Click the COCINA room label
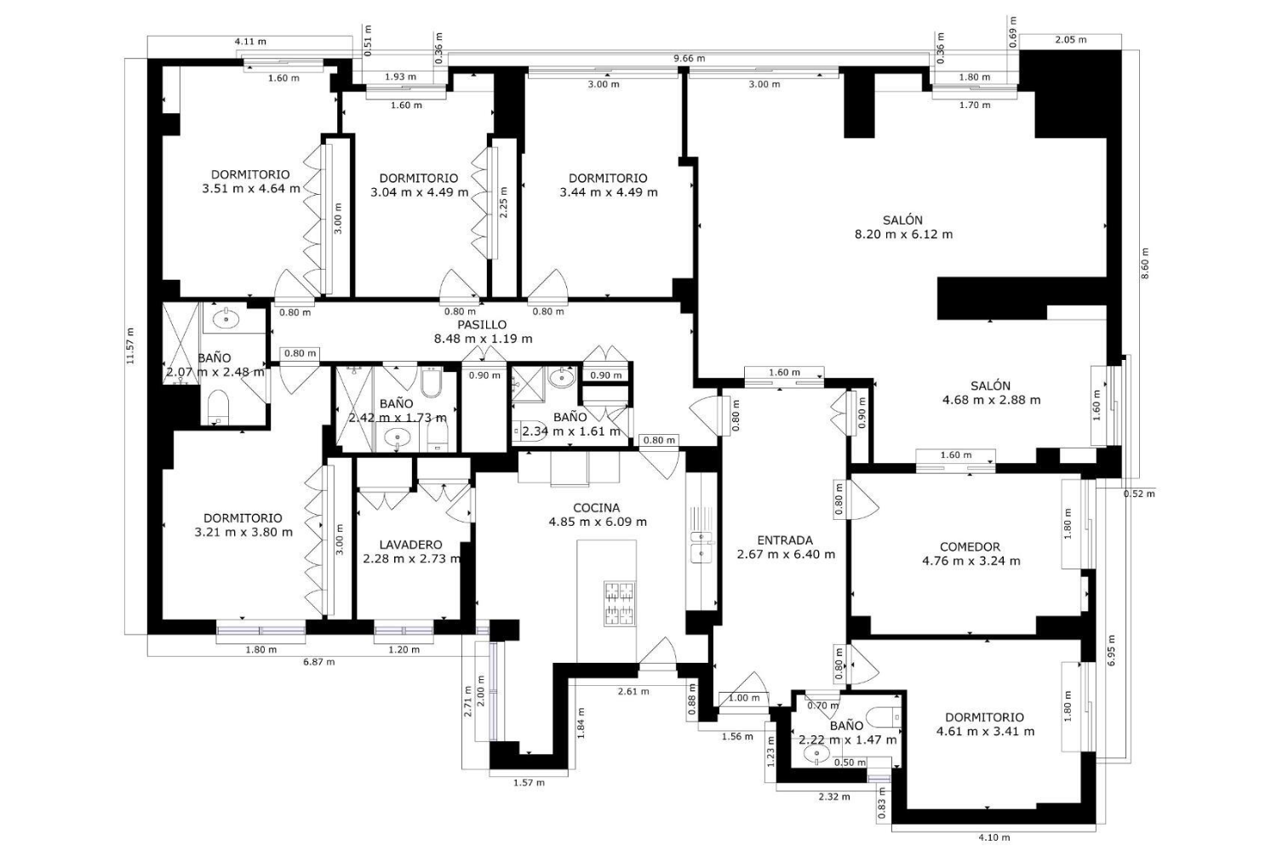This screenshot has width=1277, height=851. coord(596,507)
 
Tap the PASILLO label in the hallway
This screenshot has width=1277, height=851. coord(482,324)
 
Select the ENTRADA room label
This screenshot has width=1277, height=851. coord(785,540)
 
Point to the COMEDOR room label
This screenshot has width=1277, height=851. coord(971,546)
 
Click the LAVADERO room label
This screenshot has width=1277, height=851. coord(410,545)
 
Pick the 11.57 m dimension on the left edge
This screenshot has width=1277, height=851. coord(130,346)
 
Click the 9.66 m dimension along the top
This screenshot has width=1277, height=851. coord(689,58)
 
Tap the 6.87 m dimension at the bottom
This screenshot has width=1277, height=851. coord(318,662)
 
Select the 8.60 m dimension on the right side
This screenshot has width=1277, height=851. coord(1145,263)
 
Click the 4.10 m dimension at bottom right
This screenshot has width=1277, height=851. coord(994,837)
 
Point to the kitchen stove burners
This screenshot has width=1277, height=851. coord(620,603)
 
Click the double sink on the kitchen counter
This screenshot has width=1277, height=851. coord(701,546)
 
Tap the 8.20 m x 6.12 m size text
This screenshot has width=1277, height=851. coord(903,234)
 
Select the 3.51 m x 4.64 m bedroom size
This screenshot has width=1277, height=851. coord(251,189)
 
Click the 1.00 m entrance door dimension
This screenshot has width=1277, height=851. coord(744,698)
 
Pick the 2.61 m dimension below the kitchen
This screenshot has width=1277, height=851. coord(633,691)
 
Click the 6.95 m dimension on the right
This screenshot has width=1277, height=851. coord(1113,650)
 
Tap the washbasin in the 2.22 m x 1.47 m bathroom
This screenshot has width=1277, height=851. coord(816,755)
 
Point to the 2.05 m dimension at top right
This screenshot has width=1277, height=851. coord(1071,40)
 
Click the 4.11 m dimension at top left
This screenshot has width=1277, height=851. coord(250,42)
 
